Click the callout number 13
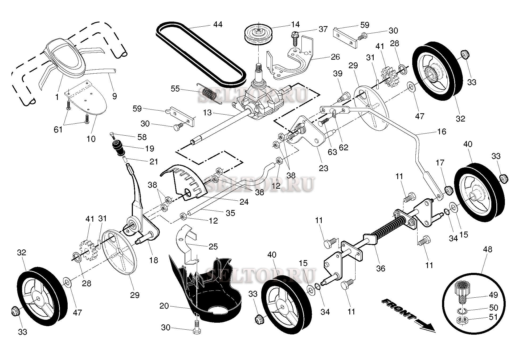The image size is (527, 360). (x=207, y=113)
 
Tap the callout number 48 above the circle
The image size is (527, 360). (x=487, y=249)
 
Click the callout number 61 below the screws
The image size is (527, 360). (x=58, y=130)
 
